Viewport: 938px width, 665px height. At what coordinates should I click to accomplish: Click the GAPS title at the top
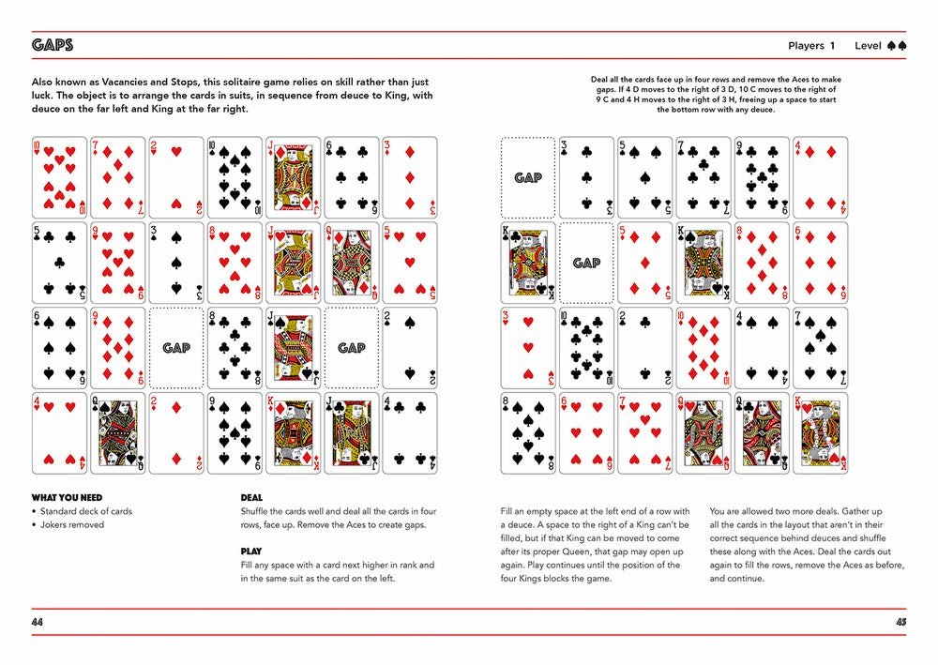(53, 45)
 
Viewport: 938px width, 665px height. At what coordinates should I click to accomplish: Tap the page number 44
(38, 622)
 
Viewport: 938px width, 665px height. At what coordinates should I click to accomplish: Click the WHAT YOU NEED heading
(68, 497)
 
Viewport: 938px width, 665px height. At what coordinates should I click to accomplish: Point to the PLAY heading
(250, 552)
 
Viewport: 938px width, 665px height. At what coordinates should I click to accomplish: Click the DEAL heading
(251, 497)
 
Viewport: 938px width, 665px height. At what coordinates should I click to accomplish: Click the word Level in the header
(868, 45)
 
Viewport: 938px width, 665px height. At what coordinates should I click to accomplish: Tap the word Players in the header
(806, 45)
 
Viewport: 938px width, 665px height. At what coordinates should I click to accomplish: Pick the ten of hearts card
(59, 177)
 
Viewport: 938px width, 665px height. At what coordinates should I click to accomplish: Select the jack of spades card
(293, 348)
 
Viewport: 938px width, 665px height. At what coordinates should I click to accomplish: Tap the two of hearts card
(176, 177)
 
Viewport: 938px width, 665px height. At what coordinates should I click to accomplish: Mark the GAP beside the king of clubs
(586, 263)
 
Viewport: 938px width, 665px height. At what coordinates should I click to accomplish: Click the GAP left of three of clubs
(527, 177)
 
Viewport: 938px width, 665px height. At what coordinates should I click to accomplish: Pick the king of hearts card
(293, 432)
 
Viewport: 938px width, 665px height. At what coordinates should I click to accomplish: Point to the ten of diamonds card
(703, 348)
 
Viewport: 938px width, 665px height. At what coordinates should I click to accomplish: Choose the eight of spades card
(527, 432)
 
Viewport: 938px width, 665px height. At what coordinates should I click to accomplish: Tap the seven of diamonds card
(117, 177)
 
